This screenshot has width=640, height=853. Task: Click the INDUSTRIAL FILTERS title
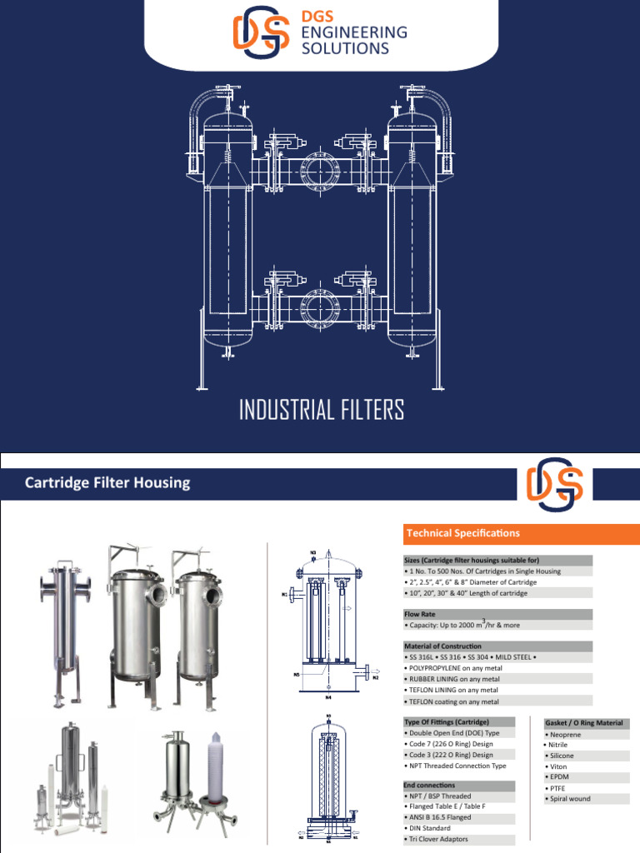[321, 411]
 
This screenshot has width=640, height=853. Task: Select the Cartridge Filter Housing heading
[107, 482]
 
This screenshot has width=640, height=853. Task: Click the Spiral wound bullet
[569, 799]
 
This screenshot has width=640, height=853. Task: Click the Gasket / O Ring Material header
[587, 723]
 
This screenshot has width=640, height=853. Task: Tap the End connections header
[430, 786]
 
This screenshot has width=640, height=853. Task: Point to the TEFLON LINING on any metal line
[453, 690]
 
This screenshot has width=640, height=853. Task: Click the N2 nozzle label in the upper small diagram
[376, 677]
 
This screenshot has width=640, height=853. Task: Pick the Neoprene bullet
[562, 736]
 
